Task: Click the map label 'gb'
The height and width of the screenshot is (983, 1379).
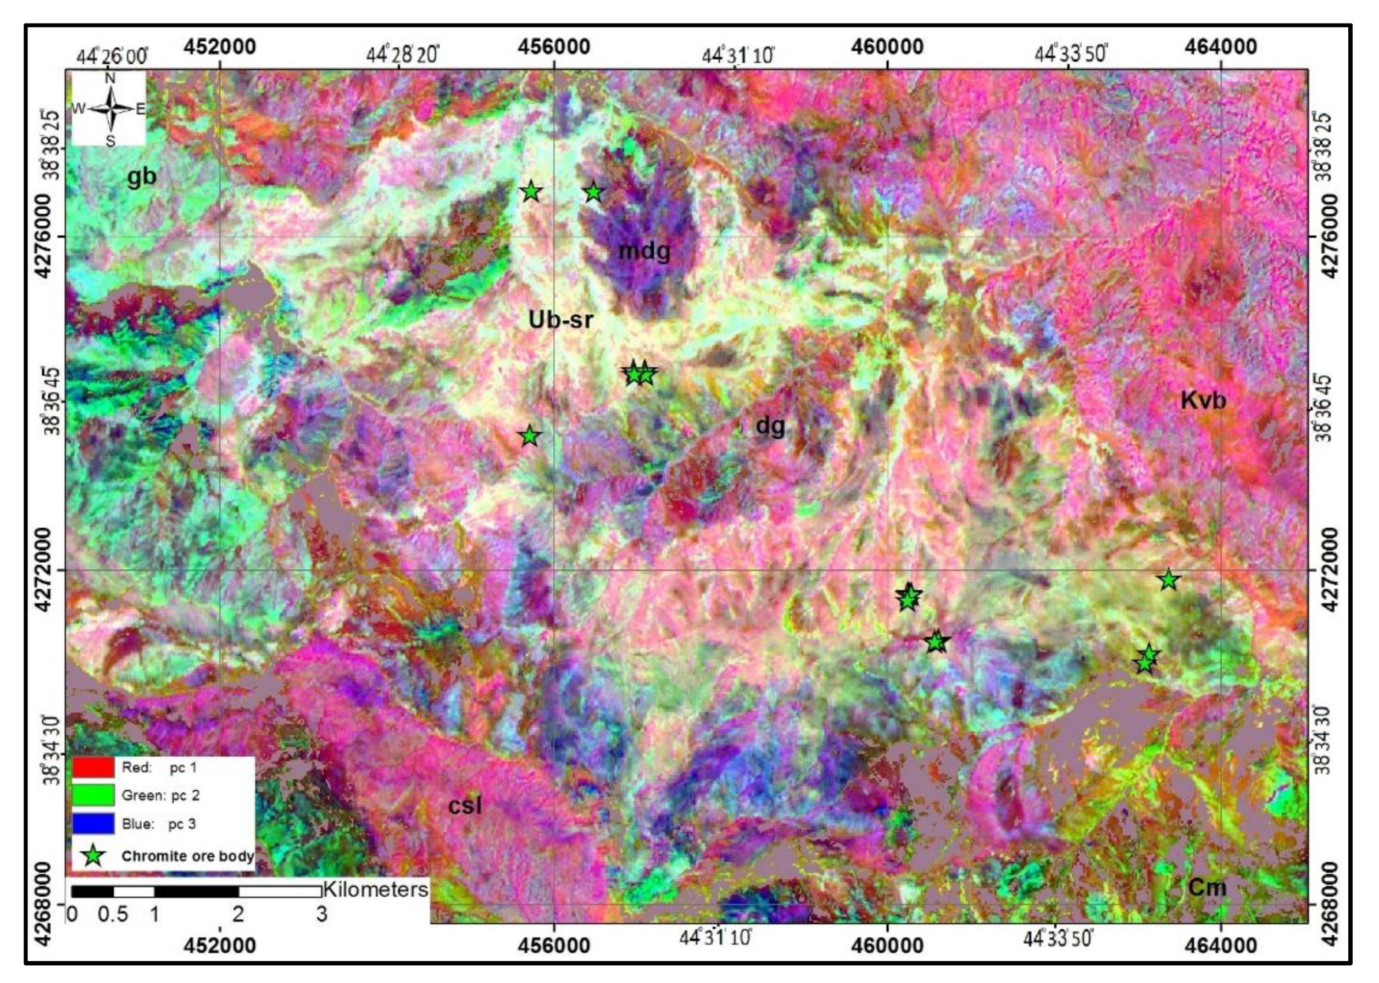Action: (141, 177)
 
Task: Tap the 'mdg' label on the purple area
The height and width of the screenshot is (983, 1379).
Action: (644, 250)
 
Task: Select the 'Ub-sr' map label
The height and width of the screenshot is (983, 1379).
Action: (560, 319)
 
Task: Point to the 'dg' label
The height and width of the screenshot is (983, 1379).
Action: (770, 426)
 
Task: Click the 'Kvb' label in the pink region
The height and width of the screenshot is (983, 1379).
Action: (1203, 400)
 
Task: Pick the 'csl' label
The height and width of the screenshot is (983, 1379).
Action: (465, 806)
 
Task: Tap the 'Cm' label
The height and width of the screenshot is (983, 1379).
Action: (1207, 887)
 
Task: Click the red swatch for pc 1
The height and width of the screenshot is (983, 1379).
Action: (93, 767)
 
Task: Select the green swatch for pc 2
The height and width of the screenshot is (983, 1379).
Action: (93, 795)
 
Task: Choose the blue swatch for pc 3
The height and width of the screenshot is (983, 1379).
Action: (93, 823)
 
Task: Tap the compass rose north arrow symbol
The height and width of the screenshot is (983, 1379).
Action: (110, 109)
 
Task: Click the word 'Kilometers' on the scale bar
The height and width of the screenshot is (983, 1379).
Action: (375, 889)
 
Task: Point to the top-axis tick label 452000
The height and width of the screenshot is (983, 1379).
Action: (219, 47)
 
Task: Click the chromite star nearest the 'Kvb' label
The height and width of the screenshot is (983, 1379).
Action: (1168, 580)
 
